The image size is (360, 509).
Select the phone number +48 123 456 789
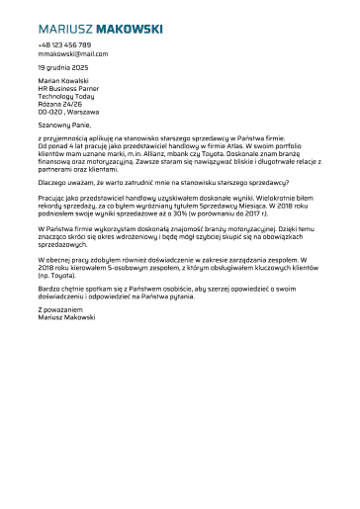(x=64, y=45)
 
